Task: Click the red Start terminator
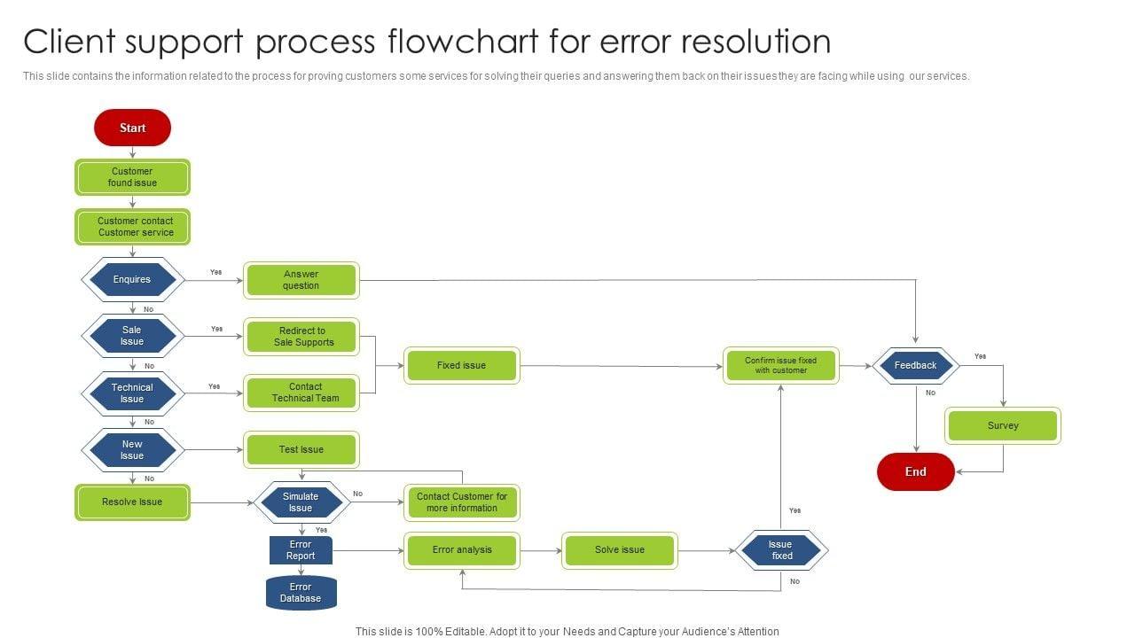pyautogui.click(x=132, y=128)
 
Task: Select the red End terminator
pyautogui.click(x=915, y=471)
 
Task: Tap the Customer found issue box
pyautogui.click(x=132, y=177)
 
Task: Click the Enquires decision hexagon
pyautogui.click(x=132, y=280)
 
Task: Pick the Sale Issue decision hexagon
pyautogui.click(x=132, y=336)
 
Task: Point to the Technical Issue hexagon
pyautogui.click(x=132, y=393)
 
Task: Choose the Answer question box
pyautogui.click(x=301, y=280)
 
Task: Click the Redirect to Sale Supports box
pyautogui.click(x=301, y=337)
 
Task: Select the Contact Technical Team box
pyautogui.click(x=301, y=393)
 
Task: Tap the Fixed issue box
pyautogui.click(x=461, y=365)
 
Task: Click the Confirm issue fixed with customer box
pyautogui.click(x=780, y=365)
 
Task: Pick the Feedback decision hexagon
pyautogui.click(x=915, y=365)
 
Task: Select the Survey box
pyautogui.click(x=1003, y=425)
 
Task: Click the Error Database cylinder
pyautogui.click(x=301, y=593)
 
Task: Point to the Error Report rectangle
pyautogui.click(x=301, y=550)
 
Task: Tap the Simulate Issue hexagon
pyautogui.click(x=301, y=502)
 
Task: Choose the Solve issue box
pyautogui.click(x=620, y=550)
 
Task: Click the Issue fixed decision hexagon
pyautogui.click(x=781, y=550)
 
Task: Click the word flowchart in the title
pyautogui.click(x=456, y=42)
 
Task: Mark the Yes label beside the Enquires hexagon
pyautogui.click(x=215, y=272)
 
